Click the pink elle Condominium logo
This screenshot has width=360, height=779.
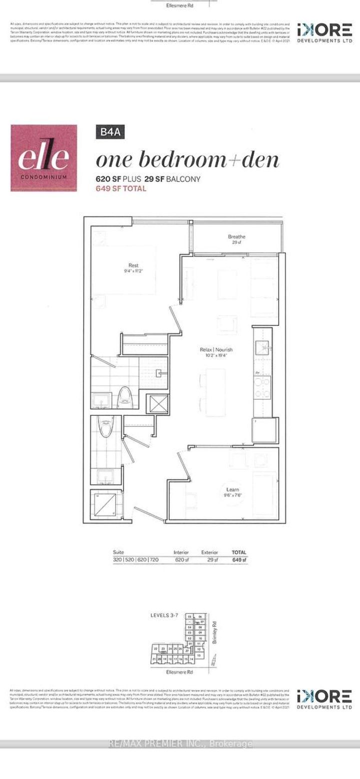coord(44,157)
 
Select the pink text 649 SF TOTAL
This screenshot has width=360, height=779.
coord(121,188)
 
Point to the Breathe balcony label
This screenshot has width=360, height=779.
coord(236,237)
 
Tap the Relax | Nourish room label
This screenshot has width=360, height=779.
coord(215,350)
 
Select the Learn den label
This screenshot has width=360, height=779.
coord(232,489)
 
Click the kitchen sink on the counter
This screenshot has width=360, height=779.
coord(263,345)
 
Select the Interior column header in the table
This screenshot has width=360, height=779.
coord(181,552)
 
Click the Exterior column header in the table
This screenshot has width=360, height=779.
coord(209,552)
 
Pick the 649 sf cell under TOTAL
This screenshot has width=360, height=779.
coord(239,560)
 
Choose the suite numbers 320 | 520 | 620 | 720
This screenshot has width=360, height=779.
coord(136,560)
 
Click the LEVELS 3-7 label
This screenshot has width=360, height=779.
coord(164,615)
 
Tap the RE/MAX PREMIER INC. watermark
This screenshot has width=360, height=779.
coord(180,744)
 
